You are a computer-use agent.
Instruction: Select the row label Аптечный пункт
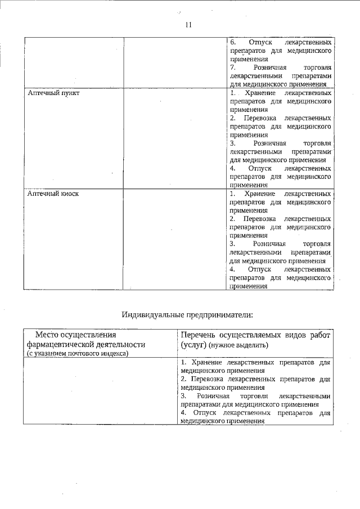pos(53,92)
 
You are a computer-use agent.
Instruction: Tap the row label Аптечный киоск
pos(53,193)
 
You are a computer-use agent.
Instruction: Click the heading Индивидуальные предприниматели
pos(187,314)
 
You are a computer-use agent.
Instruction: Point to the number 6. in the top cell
pos(233,42)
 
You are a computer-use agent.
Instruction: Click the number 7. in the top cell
pos(233,67)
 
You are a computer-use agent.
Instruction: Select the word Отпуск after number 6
pos(259,42)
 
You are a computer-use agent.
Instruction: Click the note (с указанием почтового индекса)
pos(78,353)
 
